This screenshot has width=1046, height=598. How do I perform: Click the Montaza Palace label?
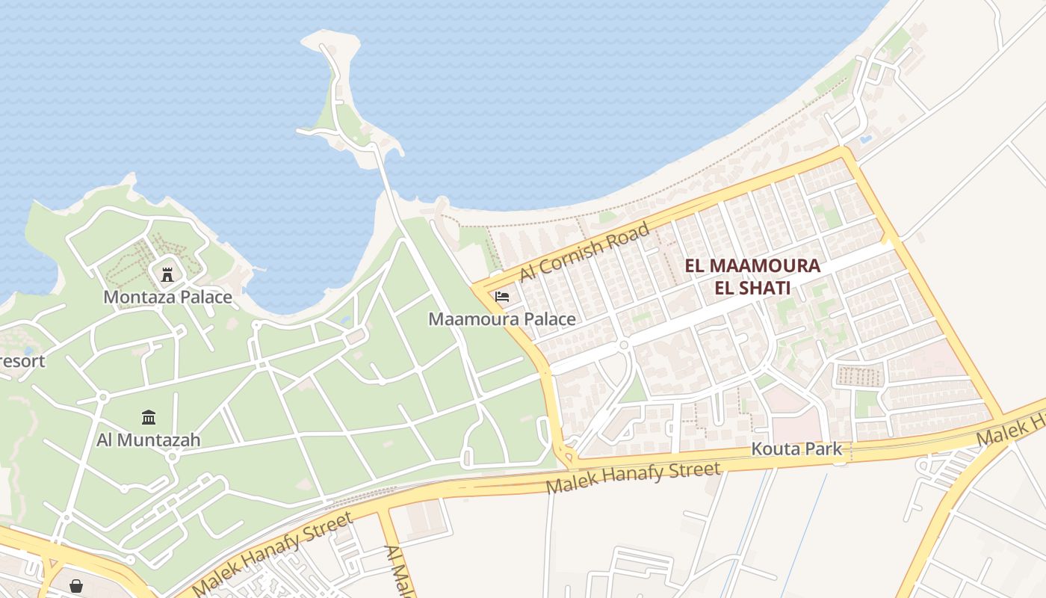click(x=167, y=298)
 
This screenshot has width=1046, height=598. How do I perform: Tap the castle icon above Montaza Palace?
click(x=167, y=274)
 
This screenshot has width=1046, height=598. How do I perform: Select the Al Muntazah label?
click(x=148, y=440)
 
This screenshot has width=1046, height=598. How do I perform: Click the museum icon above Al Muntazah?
click(x=148, y=417)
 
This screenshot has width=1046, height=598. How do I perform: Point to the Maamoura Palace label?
click(x=501, y=319)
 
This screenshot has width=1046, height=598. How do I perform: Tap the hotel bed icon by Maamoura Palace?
click(x=502, y=297)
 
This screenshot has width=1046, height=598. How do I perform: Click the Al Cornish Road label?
click(x=584, y=252)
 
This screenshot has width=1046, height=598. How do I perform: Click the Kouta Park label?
click(x=796, y=449)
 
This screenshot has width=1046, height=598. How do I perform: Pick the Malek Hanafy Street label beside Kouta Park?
click(x=634, y=478)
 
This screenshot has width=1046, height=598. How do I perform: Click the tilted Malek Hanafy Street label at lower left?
click(x=272, y=554)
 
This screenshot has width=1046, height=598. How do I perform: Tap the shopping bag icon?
click(x=76, y=586)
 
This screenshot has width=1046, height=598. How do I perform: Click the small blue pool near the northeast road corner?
click(x=865, y=139)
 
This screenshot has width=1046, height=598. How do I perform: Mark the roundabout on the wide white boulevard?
click(x=623, y=345)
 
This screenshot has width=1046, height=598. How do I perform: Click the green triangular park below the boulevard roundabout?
click(x=634, y=388)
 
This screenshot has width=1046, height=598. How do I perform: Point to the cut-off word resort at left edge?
click(x=21, y=361)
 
